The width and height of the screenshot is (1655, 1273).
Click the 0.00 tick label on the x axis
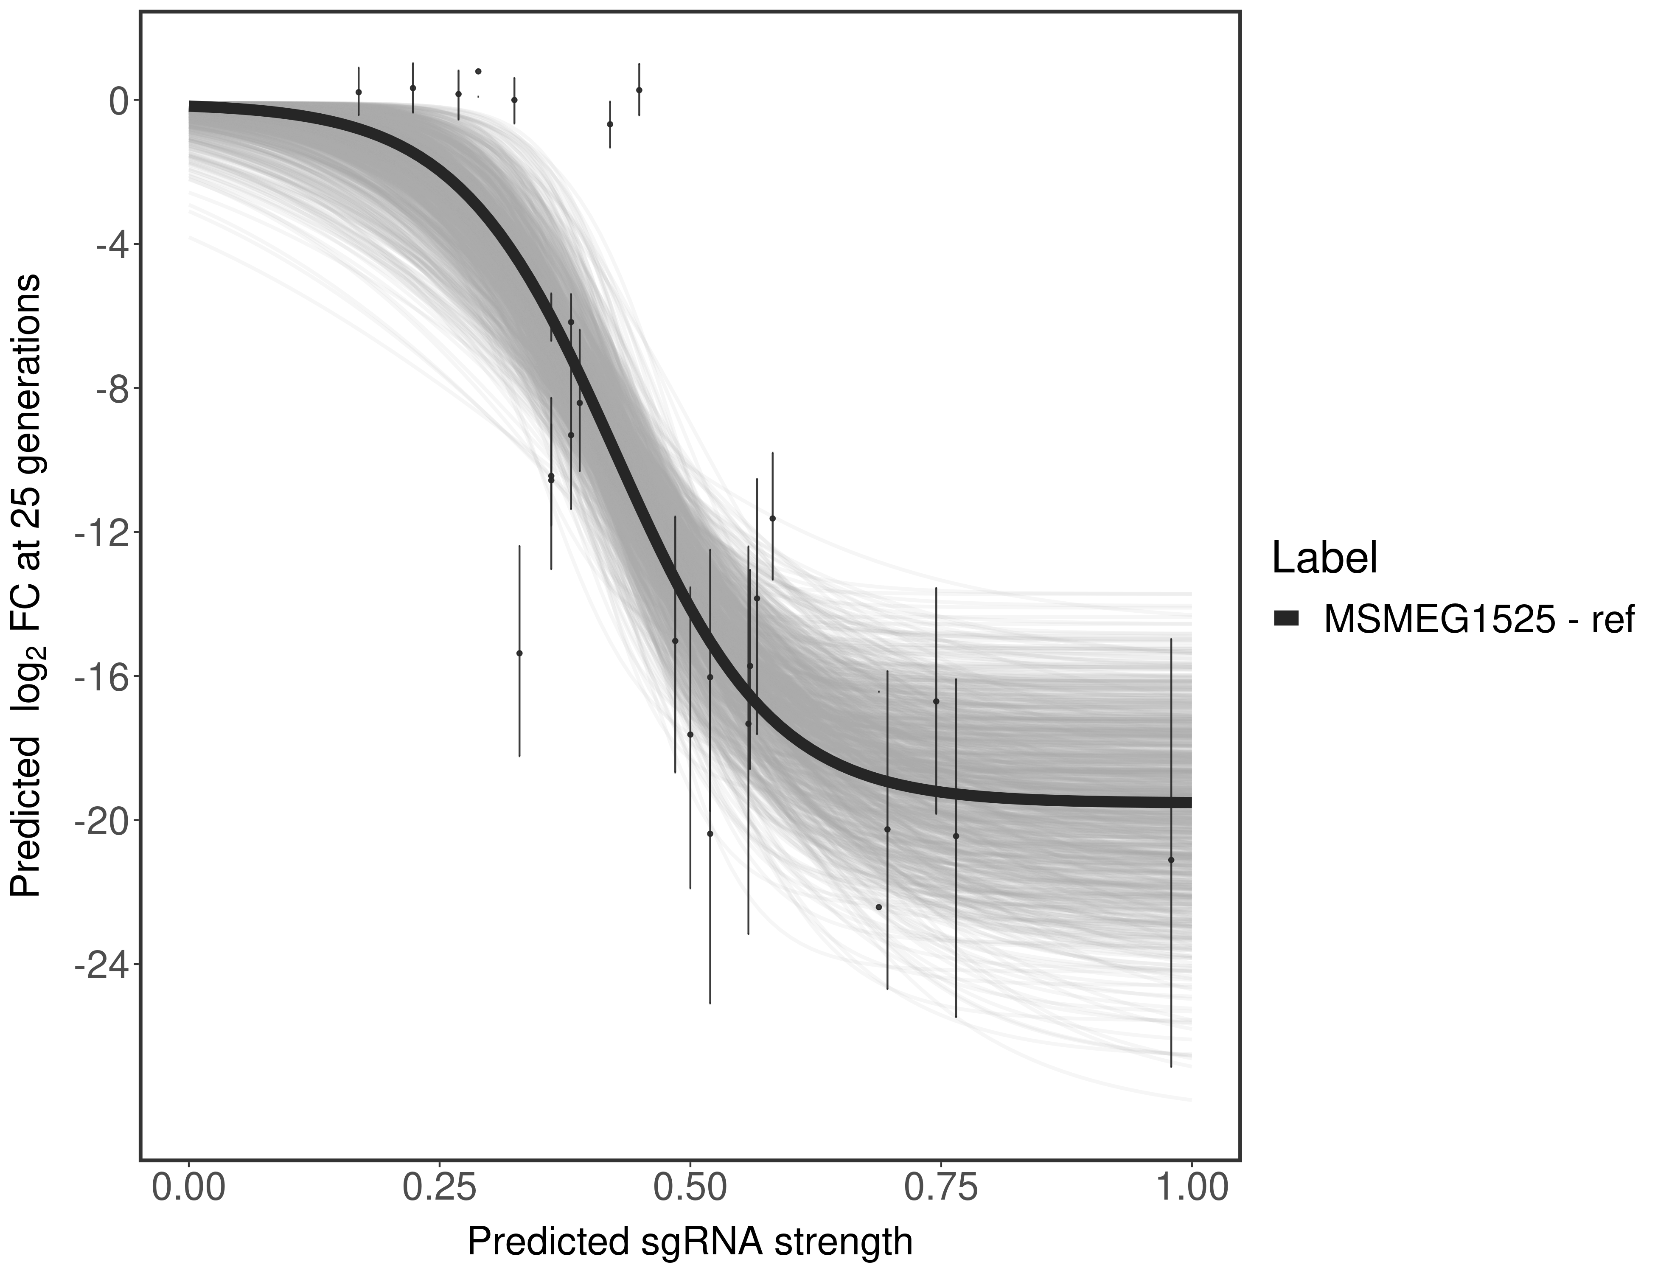point(189,1187)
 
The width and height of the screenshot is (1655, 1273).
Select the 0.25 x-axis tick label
point(439,1187)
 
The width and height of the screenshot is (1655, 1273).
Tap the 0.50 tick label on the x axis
point(690,1187)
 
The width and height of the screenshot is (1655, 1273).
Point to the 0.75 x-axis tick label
point(940,1187)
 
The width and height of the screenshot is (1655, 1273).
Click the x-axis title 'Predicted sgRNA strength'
point(690,1243)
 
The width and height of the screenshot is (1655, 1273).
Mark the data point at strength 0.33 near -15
point(519,653)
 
